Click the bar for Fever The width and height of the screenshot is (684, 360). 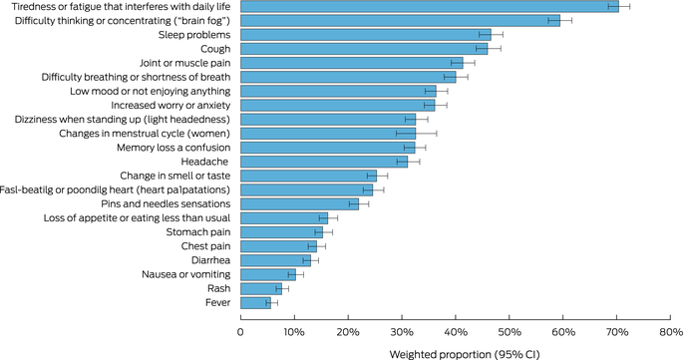tap(255, 303)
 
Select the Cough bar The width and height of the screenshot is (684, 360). tap(364, 49)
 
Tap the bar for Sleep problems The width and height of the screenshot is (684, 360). tap(366, 35)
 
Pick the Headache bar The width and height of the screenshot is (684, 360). tap(324, 162)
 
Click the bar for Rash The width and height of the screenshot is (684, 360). tap(261, 289)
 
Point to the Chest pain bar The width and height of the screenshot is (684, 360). tap(279, 246)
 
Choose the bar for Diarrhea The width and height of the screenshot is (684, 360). tap(275, 260)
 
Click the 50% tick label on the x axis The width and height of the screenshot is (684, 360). tap(510, 332)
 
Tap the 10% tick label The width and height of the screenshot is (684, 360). tap(294, 332)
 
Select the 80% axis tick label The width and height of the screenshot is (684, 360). tap(671, 332)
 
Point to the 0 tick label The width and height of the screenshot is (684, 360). tap(241, 332)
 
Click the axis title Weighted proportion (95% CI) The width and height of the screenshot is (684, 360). tap(465, 354)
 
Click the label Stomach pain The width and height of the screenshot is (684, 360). tap(198, 232)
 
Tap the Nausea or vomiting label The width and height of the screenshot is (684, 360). tap(186, 274)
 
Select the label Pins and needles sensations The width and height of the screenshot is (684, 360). tap(166, 204)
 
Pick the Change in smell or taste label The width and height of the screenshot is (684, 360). tap(175, 176)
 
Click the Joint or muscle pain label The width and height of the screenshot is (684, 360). tap(185, 63)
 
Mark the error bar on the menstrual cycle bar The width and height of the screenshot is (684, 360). tap(417, 134)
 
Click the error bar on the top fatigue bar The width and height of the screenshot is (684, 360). tap(619, 7)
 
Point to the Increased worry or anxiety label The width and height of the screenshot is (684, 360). tap(171, 106)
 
